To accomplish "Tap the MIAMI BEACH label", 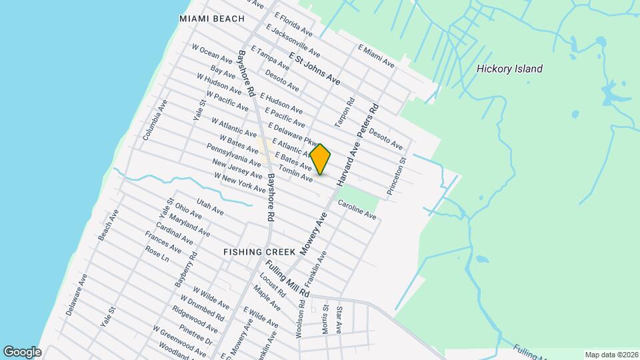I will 212,19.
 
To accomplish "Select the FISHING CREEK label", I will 258,253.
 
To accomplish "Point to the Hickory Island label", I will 510,69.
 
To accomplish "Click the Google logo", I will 21,351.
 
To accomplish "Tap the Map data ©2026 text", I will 611,355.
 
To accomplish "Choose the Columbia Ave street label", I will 155,119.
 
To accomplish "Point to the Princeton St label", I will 397,176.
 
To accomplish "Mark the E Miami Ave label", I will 376,56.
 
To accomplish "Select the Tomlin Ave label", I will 295,174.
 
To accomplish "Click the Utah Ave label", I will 209,206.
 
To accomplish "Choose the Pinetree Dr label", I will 198,335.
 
